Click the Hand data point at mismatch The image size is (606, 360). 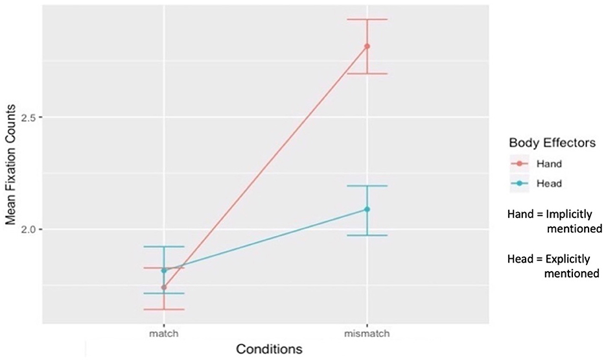click(367, 46)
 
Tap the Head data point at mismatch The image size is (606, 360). click(367, 209)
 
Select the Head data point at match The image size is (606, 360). click(164, 270)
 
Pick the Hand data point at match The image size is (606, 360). click(164, 287)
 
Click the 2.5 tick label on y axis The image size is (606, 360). click(32, 117)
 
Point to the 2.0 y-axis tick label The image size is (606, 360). click(32, 230)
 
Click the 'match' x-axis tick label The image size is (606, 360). click(164, 333)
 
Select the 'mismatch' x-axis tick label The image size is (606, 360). click(367, 333)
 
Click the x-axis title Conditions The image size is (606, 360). click(269, 349)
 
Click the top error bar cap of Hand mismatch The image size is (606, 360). click(367, 19)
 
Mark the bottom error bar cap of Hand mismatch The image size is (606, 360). click(367, 73)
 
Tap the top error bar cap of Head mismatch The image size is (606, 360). click(367, 186)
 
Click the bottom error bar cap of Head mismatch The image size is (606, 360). click(367, 235)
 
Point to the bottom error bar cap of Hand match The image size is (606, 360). click(164, 309)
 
